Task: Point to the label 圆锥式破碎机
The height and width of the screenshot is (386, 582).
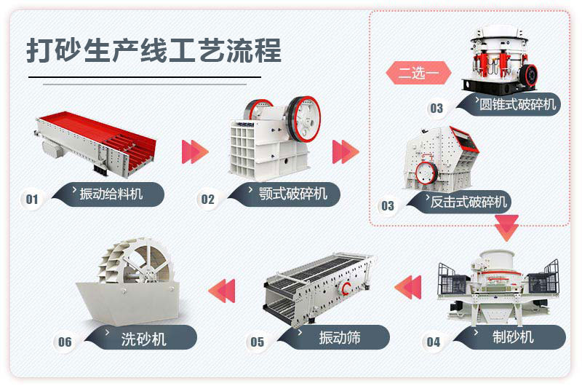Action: pyautogui.click(x=517, y=104)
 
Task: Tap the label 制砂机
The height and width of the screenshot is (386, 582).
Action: pyautogui.click(x=513, y=336)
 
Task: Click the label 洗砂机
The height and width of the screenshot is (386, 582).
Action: pyautogui.click(x=144, y=338)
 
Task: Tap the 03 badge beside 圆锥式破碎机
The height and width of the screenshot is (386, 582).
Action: pyautogui.click(x=436, y=109)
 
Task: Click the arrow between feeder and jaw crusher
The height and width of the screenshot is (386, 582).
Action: pyautogui.click(x=194, y=151)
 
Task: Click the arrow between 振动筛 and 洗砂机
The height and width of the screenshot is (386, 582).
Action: pyautogui.click(x=222, y=289)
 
